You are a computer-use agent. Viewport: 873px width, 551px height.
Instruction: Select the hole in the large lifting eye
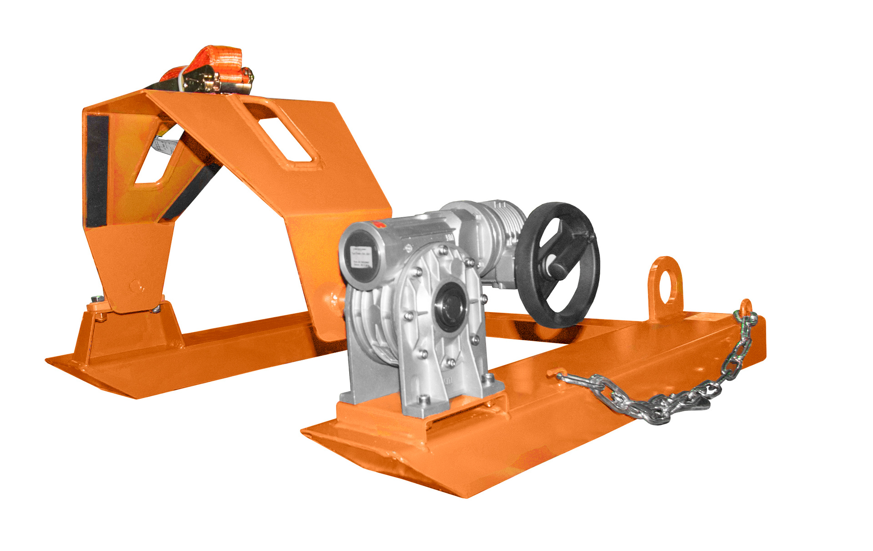pos(665,282)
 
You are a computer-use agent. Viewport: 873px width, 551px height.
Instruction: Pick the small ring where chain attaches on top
pos(746,308)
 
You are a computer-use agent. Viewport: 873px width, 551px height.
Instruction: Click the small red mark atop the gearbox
pos(377,224)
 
